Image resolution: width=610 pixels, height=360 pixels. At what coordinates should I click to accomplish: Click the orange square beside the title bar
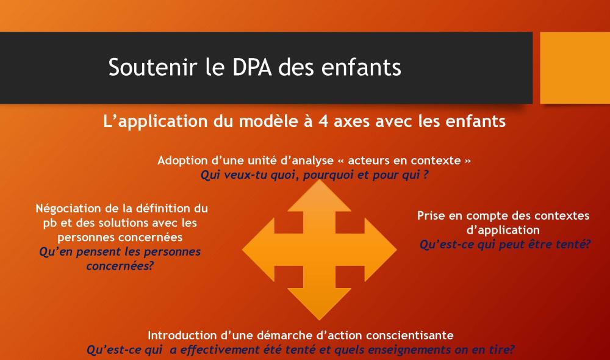575,68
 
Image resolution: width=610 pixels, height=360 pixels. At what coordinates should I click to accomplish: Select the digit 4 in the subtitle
323,121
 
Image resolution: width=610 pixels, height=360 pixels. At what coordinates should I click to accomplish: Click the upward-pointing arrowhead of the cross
320,196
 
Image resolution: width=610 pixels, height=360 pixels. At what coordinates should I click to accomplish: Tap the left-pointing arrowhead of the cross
258,250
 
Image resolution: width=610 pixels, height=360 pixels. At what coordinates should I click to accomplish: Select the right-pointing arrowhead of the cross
381,250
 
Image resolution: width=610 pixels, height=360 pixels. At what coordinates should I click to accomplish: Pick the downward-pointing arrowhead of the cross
320,304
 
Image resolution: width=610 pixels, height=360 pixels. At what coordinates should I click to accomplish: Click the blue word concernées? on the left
120,266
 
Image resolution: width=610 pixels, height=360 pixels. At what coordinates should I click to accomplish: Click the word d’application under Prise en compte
503,231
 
